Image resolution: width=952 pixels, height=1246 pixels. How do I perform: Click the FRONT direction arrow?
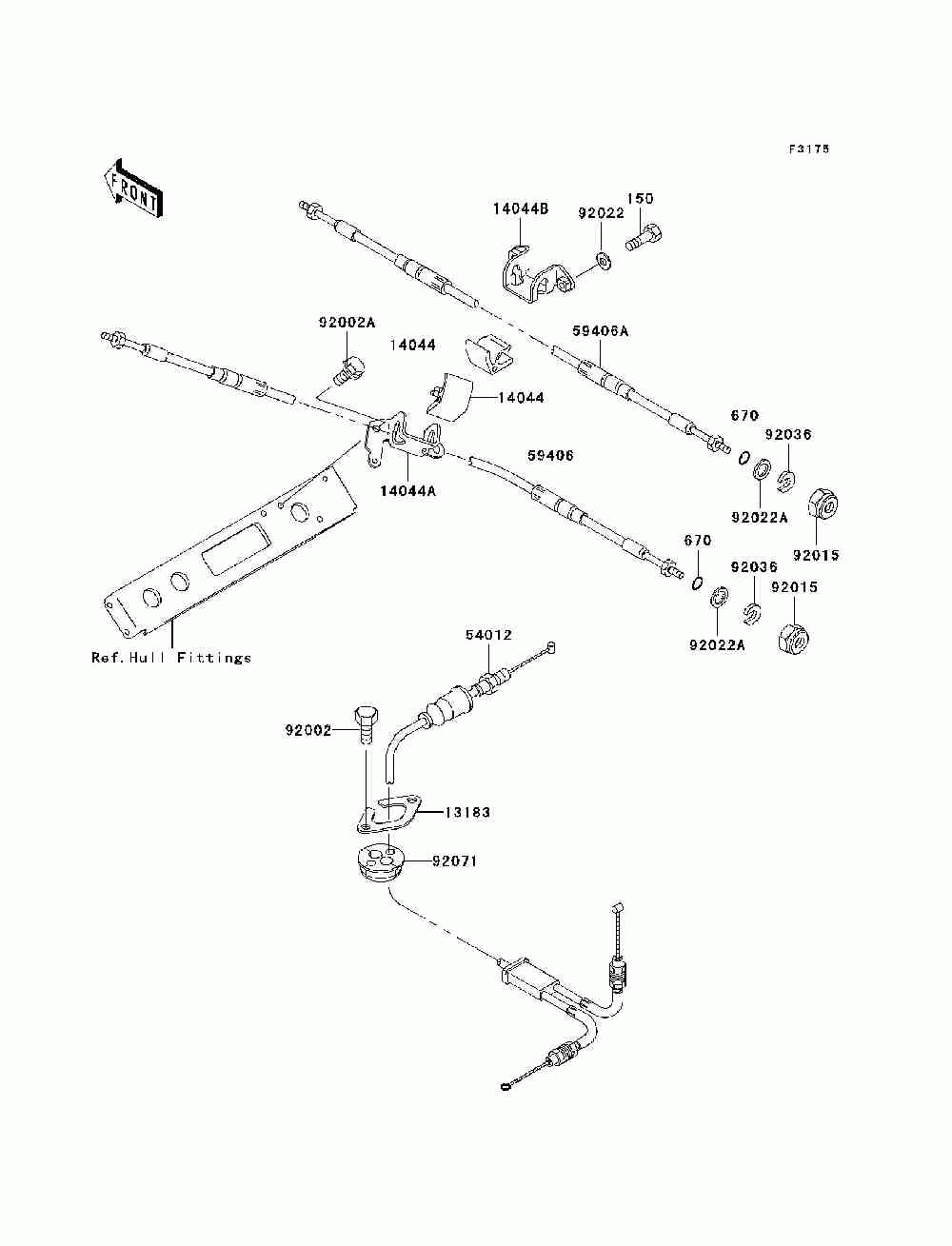(x=133, y=188)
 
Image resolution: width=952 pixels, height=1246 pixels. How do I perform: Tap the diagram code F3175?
(x=808, y=148)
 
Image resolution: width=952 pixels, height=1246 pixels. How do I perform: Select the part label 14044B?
(x=520, y=208)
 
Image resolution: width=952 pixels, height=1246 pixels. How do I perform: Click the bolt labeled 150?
(x=645, y=238)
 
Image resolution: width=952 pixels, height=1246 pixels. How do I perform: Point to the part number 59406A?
(x=600, y=331)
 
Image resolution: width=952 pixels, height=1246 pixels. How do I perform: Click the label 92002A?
(x=347, y=323)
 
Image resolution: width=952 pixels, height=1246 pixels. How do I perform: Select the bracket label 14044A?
(x=407, y=490)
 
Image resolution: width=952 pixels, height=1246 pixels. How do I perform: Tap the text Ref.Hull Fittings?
(x=170, y=658)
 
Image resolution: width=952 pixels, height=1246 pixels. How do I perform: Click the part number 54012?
(x=488, y=635)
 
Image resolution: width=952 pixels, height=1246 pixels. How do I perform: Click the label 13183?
(x=466, y=812)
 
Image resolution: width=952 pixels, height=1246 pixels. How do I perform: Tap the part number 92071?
(x=455, y=861)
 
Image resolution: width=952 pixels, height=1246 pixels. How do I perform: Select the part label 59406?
(x=550, y=455)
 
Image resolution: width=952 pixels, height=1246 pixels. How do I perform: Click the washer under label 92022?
(x=604, y=262)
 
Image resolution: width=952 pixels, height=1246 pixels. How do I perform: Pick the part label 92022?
(x=601, y=213)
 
